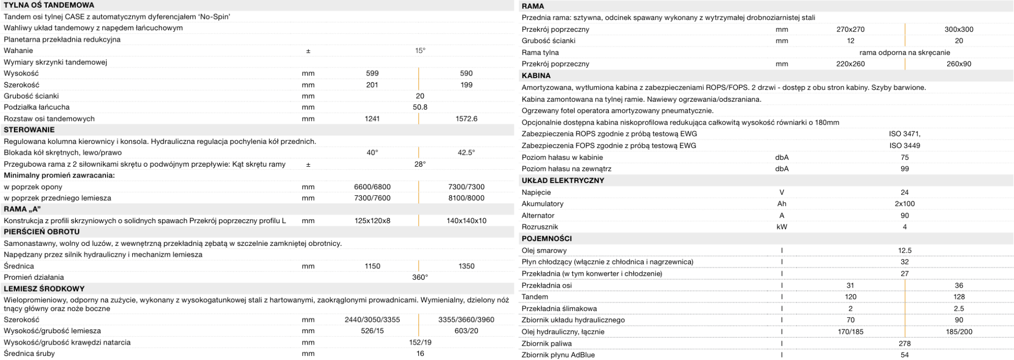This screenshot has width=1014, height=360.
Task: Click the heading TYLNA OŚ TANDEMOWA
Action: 48,5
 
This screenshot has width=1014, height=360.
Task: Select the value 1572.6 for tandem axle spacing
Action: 466,119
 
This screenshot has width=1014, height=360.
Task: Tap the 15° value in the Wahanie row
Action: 420,50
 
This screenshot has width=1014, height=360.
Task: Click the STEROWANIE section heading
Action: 29,130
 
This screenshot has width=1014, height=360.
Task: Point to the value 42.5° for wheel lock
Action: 466,153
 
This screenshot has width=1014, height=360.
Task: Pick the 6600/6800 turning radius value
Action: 372,187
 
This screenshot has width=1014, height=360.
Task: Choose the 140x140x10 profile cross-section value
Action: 466,221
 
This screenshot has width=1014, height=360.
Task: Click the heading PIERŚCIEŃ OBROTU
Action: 42,232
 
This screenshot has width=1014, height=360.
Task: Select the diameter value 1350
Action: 466,266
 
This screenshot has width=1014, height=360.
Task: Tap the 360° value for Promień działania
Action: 420,278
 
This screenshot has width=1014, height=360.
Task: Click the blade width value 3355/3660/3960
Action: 466,320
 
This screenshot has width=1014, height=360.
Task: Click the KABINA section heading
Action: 536,76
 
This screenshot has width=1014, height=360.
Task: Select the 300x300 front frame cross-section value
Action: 958,29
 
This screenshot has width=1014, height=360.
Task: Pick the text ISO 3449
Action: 904,146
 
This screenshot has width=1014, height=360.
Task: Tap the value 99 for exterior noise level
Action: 904,169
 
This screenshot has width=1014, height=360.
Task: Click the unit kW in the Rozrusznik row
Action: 781,227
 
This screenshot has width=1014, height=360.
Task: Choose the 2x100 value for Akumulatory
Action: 904,204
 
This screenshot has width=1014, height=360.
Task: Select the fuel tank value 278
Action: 904,344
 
